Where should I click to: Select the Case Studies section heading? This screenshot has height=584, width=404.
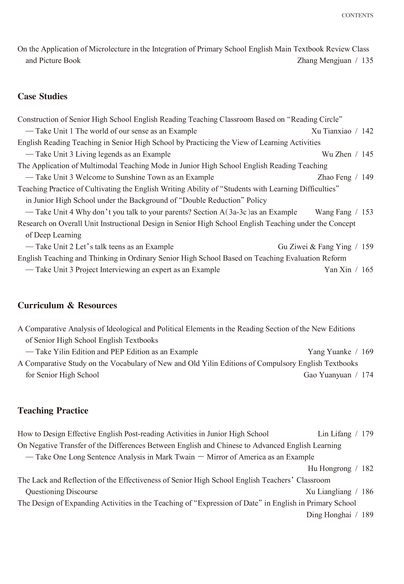[42, 96]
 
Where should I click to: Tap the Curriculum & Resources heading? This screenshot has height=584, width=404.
[67, 305]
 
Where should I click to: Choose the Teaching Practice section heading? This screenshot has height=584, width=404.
[53, 410]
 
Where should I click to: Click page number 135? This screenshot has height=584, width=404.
[367, 61]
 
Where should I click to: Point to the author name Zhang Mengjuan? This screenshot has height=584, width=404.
[324, 61]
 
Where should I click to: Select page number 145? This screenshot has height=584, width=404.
[367, 154]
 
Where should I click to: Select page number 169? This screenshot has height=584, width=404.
[367, 352]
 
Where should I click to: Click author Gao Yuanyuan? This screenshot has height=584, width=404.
[327, 375]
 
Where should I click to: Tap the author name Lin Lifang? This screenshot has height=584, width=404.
[334, 434]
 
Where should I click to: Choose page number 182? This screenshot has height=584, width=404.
[367, 468]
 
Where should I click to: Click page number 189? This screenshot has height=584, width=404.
[367, 515]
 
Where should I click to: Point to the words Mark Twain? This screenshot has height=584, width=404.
[175, 457]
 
